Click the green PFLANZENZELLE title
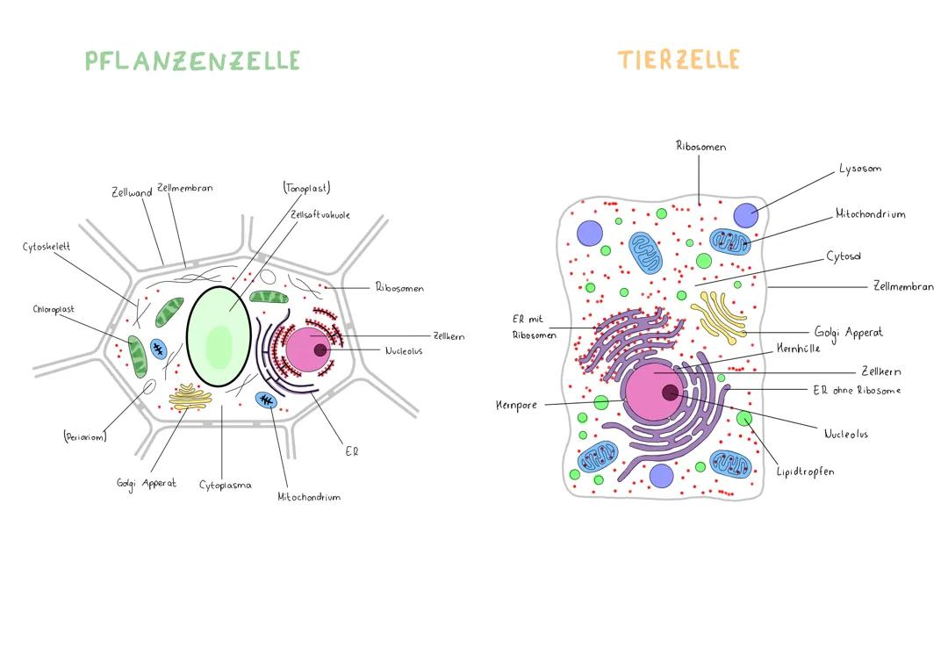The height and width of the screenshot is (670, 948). point(192,61)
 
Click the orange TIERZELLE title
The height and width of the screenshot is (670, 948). point(679,59)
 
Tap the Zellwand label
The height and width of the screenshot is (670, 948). point(131,192)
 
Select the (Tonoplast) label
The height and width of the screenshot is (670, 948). point(306,188)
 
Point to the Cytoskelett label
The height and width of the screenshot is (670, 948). point(47,247)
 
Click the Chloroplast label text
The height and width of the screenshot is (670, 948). point(54,309)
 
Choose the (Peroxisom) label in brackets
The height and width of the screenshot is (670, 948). point(84,436)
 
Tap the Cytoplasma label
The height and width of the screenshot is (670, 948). point(225,485)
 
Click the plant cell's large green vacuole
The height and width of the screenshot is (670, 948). point(219,336)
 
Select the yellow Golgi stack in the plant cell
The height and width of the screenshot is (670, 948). point(190,397)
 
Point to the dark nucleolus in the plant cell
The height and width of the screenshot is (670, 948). point(320,350)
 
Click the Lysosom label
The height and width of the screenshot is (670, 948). point(859,169)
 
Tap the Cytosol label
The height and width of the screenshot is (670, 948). point(844,256)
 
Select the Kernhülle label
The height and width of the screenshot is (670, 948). point(798,349)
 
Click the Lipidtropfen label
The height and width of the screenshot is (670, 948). point(805,472)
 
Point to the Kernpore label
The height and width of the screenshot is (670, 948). point(516,405)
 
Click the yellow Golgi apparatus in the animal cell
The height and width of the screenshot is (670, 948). point(720,317)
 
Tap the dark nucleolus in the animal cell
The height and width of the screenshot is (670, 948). point(670,393)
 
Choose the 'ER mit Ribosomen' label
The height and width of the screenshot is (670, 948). point(534,327)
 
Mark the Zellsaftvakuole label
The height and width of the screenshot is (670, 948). point(320,214)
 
